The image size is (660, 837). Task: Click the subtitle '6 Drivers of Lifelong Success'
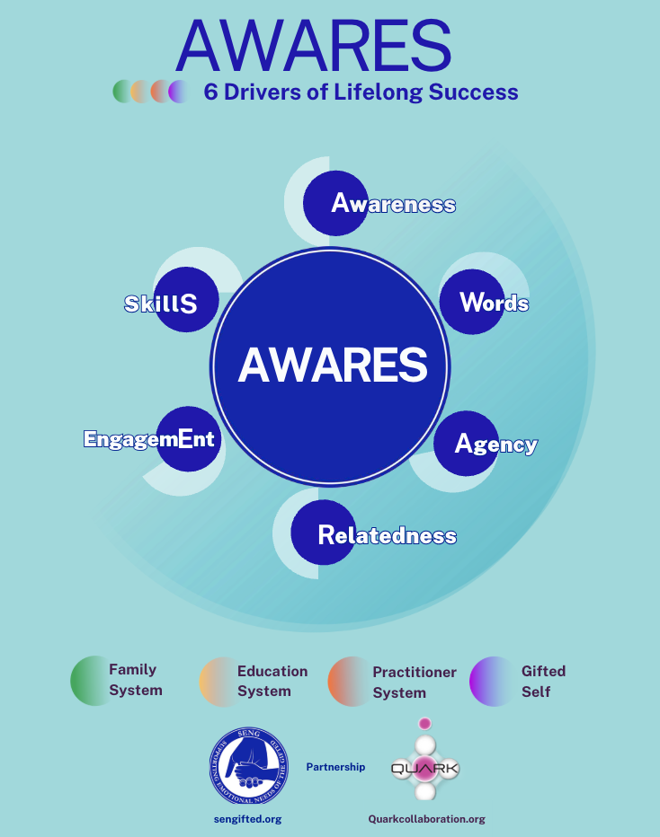point(361,92)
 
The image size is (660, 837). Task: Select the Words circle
point(472,302)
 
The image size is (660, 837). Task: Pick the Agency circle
point(467,443)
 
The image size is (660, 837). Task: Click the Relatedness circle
point(324,533)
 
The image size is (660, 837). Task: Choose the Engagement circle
point(189,439)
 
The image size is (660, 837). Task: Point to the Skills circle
point(188,302)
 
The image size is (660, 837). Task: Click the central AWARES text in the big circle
point(332,364)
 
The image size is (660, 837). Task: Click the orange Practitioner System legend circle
point(347,682)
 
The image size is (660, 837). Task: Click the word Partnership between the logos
point(335,767)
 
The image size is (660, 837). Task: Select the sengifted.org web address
point(247,819)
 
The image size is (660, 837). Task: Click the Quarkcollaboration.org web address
point(426,819)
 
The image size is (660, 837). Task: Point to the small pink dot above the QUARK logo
point(425,724)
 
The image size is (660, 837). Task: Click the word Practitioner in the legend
point(415,672)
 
